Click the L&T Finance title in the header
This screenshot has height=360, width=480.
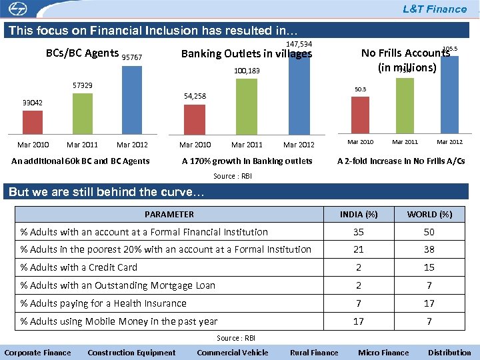434,9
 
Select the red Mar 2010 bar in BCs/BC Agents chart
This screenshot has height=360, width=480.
33,122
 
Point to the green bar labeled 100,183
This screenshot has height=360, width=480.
247,105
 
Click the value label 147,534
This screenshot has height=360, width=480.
299,44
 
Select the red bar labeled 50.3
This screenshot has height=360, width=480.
360,115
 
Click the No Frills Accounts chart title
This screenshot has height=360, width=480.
406,60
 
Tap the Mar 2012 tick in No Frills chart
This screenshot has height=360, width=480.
449,142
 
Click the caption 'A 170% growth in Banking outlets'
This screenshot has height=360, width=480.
247,161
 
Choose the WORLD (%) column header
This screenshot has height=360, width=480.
429,214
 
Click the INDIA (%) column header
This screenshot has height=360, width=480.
359,214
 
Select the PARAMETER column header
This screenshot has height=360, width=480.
169,214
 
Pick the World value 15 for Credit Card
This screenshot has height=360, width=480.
429,267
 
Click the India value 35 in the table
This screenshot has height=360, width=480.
359,232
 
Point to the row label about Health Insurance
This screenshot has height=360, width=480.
103,303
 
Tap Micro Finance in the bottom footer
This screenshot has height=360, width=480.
383,353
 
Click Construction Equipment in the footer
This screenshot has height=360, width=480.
131,353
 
